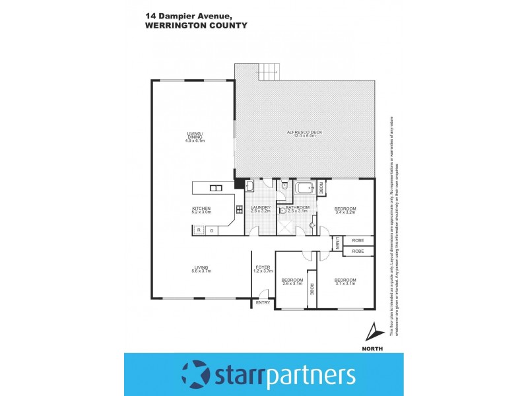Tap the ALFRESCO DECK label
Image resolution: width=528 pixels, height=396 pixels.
tap(304, 133)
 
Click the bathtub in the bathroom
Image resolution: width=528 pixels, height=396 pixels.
tap(306, 189)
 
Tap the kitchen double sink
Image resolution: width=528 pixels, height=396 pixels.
tap(215, 189)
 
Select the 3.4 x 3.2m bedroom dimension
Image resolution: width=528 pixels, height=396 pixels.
tap(346, 213)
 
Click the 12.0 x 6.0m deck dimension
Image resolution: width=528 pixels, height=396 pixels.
tap(304, 137)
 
